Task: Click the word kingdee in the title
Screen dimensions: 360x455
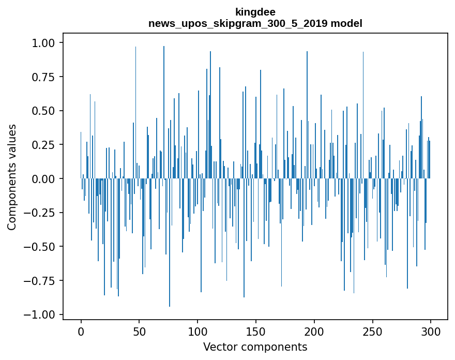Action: point(255,11)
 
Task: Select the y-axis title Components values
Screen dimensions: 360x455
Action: point(12,177)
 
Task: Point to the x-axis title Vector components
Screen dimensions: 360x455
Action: point(255,347)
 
